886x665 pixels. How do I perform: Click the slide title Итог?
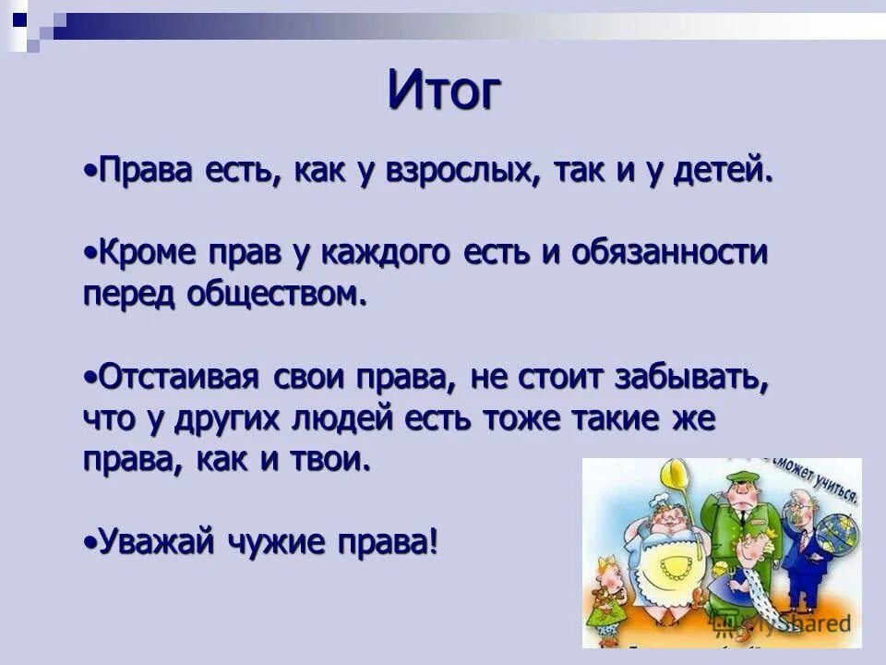click(x=445, y=90)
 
